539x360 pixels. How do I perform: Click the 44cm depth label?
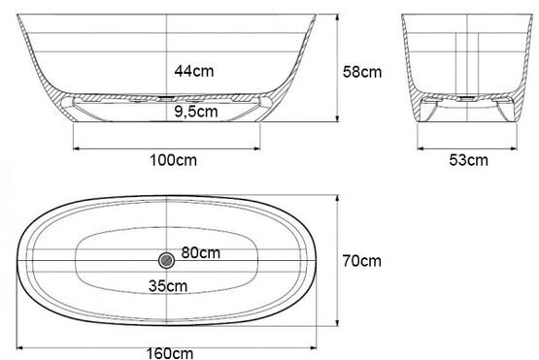click(x=194, y=71)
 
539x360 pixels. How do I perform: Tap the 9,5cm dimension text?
click(x=196, y=112)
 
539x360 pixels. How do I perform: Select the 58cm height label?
click(x=362, y=72)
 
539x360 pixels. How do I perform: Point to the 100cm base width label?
click(x=173, y=160)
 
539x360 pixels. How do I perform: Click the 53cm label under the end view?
click(x=468, y=160)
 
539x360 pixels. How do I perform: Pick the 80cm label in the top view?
click(x=201, y=253)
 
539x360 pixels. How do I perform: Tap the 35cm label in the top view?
click(x=168, y=286)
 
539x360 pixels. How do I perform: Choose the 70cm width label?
click(x=361, y=261)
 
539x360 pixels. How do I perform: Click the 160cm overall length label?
click(x=170, y=353)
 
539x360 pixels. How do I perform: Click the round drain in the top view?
click(x=167, y=260)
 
